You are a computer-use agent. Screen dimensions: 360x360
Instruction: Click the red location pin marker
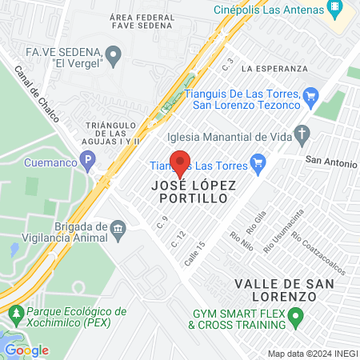(x=180, y=162)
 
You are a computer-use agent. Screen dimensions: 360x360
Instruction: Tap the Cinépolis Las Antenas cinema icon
(x=337, y=10)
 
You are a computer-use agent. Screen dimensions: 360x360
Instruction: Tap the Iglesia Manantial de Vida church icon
(x=301, y=133)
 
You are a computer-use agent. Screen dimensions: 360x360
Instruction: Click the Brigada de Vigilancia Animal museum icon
(x=118, y=231)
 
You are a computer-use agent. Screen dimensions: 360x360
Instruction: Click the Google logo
(x=26, y=350)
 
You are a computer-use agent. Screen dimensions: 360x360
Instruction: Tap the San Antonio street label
(x=330, y=162)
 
